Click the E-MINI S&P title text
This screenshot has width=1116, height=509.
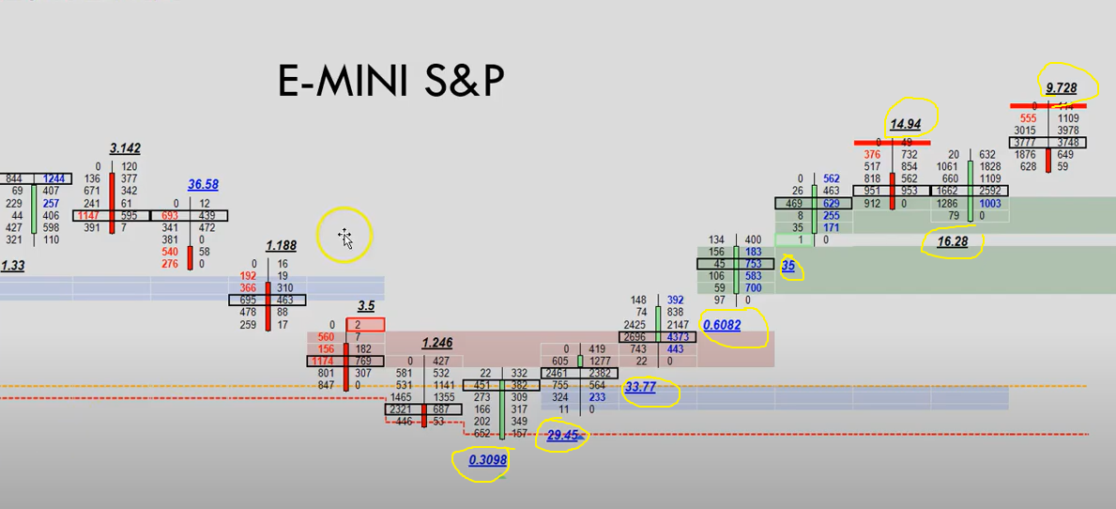[x=390, y=82]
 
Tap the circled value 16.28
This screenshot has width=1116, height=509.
[x=954, y=241]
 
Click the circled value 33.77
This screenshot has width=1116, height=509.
[x=640, y=387]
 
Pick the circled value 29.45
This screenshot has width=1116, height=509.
[x=563, y=435]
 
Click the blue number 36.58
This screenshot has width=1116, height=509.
[x=203, y=185]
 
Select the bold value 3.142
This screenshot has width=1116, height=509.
[x=125, y=148]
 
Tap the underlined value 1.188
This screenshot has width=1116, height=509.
[x=281, y=246]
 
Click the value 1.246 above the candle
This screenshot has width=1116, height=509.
[x=436, y=343]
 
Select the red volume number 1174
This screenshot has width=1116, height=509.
[x=324, y=361]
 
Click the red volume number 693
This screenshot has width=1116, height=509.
[x=170, y=216]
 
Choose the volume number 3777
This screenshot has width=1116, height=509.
[x=1025, y=143]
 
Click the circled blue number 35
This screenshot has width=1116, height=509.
[x=788, y=266]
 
